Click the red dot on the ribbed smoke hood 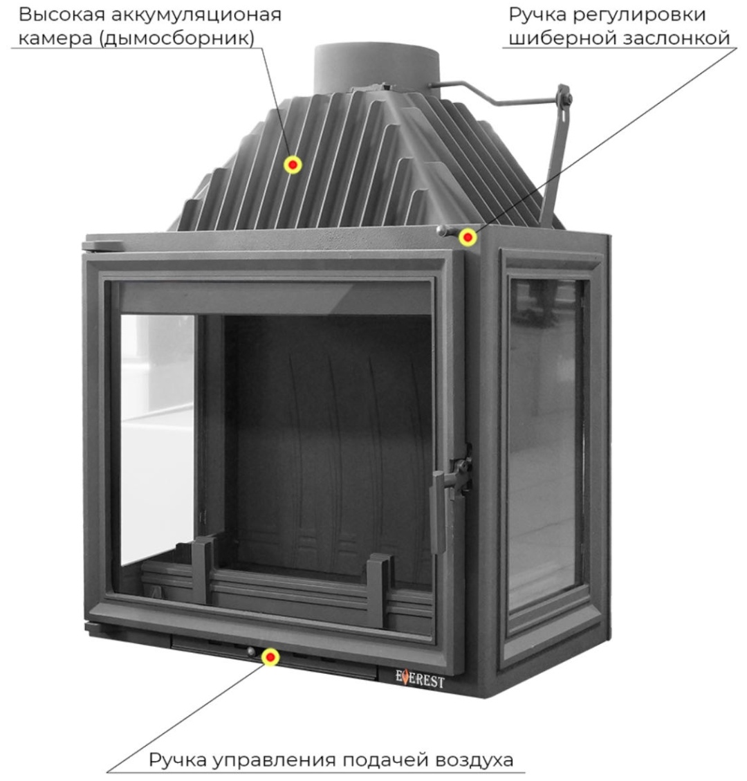(293, 165)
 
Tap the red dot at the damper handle (468, 237)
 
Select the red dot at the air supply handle (270, 657)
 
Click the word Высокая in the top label (62, 15)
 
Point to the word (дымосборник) (177, 38)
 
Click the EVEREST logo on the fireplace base (420, 679)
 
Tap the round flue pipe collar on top (376, 67)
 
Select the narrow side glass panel (545, 443)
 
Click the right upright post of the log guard (378, 590)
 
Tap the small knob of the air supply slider (250, 651)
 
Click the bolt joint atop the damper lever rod (564, 97)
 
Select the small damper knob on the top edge (442, 230)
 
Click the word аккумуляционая (196, 16)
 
